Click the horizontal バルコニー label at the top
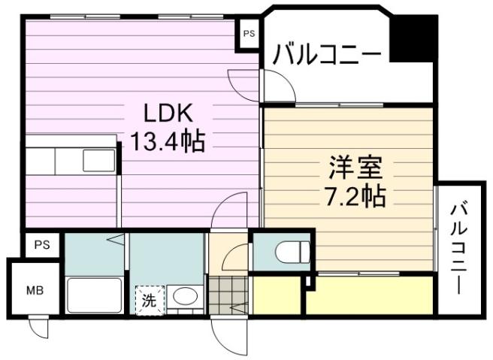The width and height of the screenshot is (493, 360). point(328,55)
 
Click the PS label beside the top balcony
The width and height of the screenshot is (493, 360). point(248,35)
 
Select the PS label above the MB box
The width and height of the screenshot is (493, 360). point(41,245)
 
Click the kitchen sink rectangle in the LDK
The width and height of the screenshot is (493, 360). point(98,161)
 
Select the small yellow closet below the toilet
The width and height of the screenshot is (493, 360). point(276,295)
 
